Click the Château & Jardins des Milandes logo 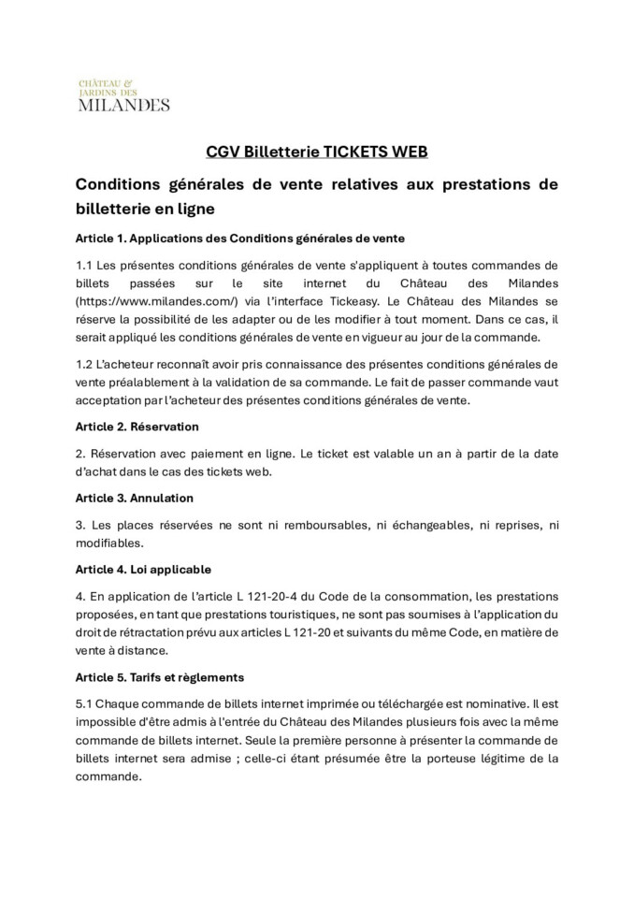pyautogui.click(x=122, y=94)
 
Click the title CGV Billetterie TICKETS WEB pyautogui.click(x=317, y=152)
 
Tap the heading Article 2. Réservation pyautogui.click(x=137, y=426)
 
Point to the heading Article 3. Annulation pyautogui.click(x=134, y=498)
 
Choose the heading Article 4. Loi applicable pyautogui.click(x=143, y=569)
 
